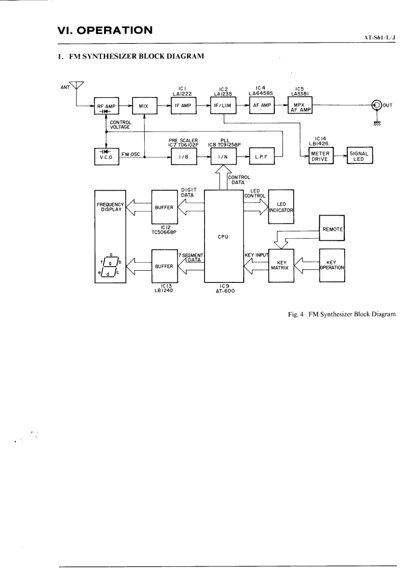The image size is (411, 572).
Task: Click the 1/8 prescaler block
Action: [x=183, y=156]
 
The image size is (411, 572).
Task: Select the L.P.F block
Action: [x=262, y=156]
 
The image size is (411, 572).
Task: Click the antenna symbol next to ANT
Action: [x=76, y=88]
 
